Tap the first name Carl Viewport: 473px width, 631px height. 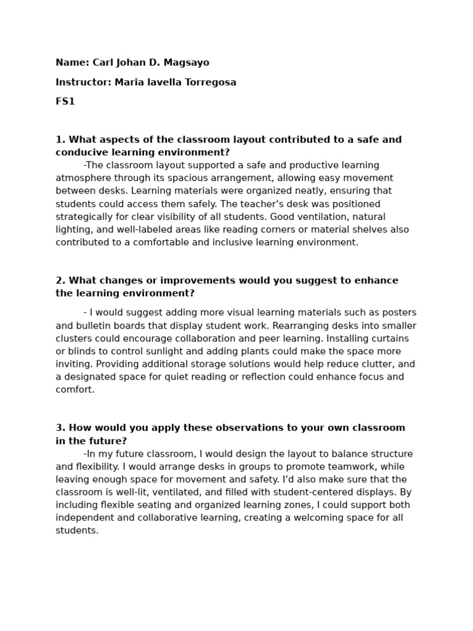[103, 63]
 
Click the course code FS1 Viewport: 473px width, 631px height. [65, 102]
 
